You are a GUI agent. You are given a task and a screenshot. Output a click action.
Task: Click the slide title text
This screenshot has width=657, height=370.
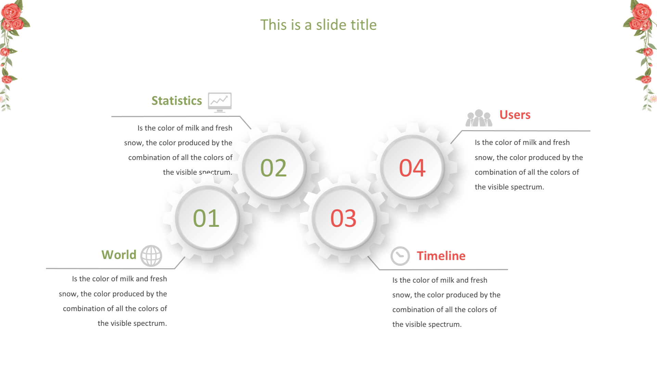point(318,25)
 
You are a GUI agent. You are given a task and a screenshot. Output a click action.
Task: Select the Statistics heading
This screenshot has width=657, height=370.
point(177,101)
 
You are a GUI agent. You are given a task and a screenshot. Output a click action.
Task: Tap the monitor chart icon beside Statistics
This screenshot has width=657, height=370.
point(220,102)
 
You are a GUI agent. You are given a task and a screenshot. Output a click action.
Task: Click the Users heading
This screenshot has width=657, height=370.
point(515,115)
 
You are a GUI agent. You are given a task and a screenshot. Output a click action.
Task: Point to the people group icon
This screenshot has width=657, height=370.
point(479,118)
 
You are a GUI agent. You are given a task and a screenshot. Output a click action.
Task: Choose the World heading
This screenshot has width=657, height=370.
point(119,255)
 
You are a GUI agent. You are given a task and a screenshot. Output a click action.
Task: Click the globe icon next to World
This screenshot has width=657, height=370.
point(151,256)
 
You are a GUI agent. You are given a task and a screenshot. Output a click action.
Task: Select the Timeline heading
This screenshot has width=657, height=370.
point(441,256)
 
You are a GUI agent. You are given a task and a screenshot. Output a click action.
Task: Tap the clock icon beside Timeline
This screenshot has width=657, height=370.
point(400,256)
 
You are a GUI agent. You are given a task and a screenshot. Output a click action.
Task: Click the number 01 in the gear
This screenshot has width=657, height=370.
point(206,218)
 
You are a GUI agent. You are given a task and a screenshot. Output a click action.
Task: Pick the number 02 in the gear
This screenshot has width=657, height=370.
point(273,168)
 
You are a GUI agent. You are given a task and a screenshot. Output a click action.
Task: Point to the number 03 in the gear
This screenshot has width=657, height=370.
point(343,218)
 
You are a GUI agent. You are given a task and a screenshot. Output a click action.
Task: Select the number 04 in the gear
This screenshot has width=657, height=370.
point(412,168)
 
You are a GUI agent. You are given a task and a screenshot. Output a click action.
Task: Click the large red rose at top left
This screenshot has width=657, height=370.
point(11,12)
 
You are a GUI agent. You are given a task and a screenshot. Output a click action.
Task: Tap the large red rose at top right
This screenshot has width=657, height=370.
point(642,12)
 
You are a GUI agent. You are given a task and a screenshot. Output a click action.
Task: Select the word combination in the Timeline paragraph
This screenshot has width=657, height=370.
point(412,310)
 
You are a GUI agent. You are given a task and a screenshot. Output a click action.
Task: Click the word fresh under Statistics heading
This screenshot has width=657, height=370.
point(224,128)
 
